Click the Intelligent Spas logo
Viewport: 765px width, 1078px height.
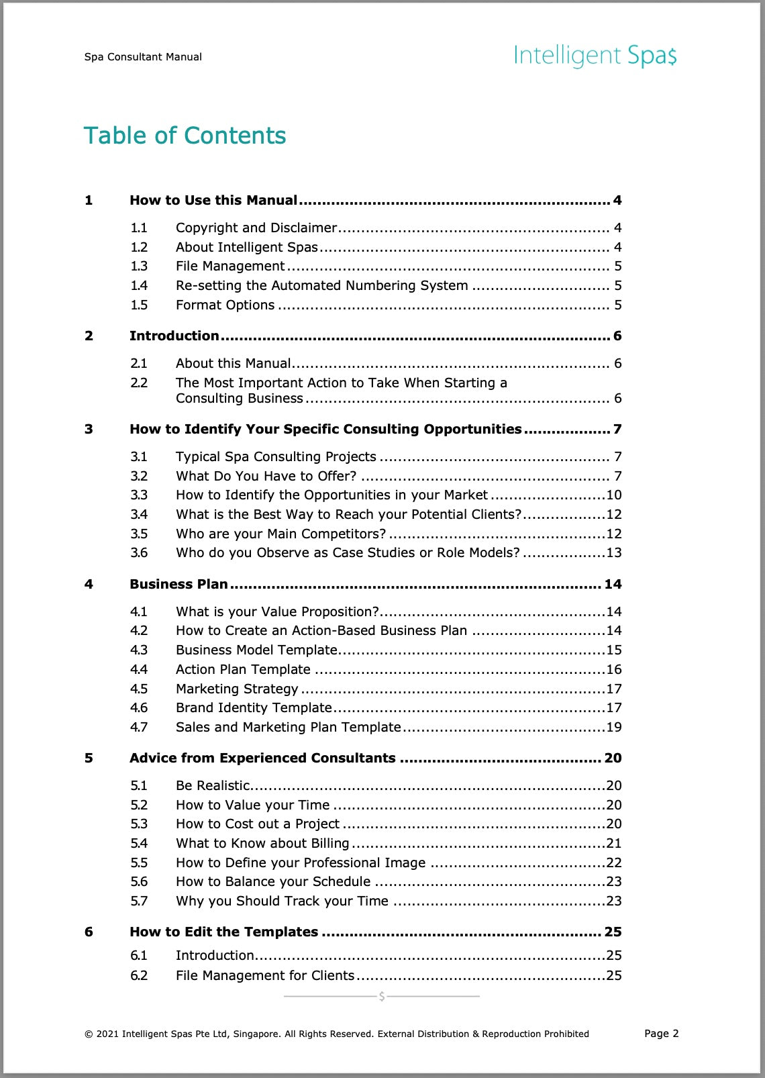tap(595, 56)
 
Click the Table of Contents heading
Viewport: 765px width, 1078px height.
tap(185, 136)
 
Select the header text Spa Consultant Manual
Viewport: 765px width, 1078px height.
tap(143, 57)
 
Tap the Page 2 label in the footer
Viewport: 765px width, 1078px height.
tap(661, 1033)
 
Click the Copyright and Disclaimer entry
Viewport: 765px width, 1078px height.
tap(256, 228)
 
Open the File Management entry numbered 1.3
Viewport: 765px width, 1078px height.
tap(230, 266)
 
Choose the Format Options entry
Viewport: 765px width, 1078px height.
tap(225, 305)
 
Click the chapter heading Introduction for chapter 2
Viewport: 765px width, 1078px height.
tap(174, 336)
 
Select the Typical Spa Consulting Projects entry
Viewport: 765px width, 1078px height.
tap(276, 456)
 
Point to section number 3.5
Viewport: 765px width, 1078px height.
tap(139, 534)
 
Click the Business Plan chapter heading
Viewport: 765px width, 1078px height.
tap(178, 584)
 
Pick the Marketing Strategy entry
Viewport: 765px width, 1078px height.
tap(237, 689)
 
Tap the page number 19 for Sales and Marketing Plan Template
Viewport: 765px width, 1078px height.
tap(613, 727)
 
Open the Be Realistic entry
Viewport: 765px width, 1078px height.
tap(213, 785)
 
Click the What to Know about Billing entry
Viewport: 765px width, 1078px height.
tap(262, 843)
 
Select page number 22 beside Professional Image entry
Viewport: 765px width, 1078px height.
tap(613, 863)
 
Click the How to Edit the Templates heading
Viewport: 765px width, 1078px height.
tap(223, 932)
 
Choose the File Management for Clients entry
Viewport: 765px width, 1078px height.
tap(265, 975)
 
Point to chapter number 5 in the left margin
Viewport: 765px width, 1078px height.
tap(89, 758)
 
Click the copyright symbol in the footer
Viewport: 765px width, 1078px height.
tap(89, 1034)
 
